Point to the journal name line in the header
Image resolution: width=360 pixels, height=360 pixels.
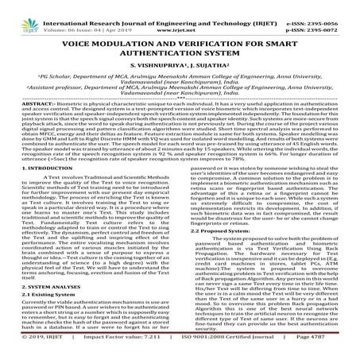(x=175, y=6)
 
